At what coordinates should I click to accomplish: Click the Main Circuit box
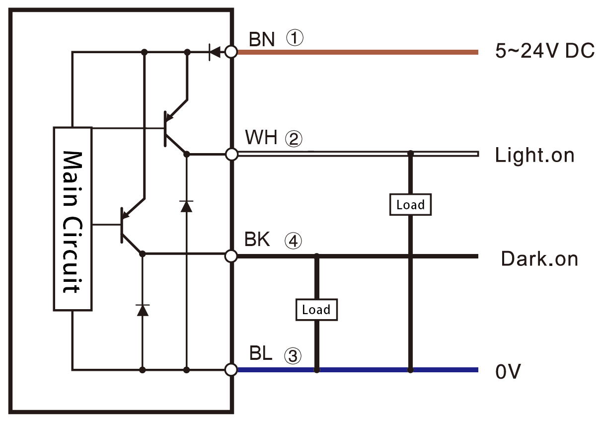coord(73,219)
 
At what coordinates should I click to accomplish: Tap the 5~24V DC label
coord(544,52)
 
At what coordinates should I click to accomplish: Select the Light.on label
coord(534,156)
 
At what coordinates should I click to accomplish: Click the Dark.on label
coord(539,259)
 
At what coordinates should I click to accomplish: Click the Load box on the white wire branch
coord(410,205)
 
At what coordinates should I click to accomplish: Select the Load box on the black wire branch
coord(316,310)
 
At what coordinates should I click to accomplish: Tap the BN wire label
coord(262,39)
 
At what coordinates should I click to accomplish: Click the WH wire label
coord(261,138)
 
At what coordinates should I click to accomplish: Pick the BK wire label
coord(257,240)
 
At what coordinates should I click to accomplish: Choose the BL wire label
coord(260,353)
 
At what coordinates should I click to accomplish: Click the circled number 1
coord(294,38)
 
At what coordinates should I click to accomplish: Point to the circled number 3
coord(293,355)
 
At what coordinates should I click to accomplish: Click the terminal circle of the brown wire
coord(231,52)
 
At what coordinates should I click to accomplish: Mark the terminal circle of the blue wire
coord(231,370)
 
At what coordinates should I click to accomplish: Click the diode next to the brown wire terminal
coord(215,52)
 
